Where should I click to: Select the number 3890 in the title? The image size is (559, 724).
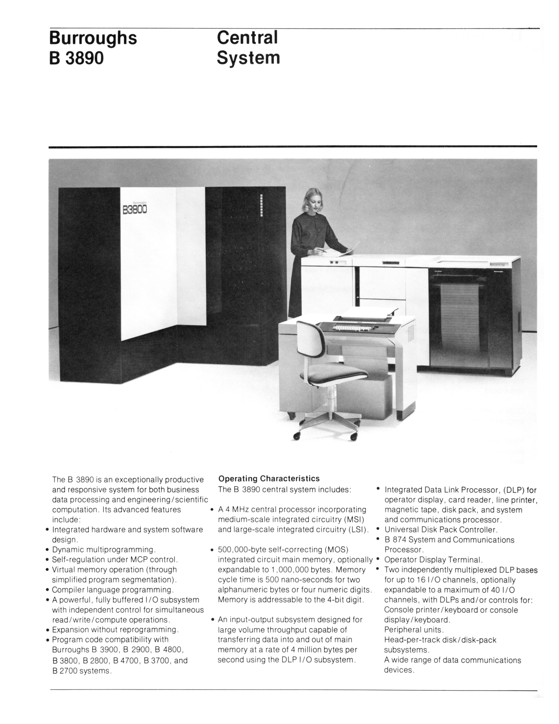[85, 58]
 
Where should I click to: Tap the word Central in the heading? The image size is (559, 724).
[247, 38]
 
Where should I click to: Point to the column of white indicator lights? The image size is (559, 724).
[261, 206]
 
